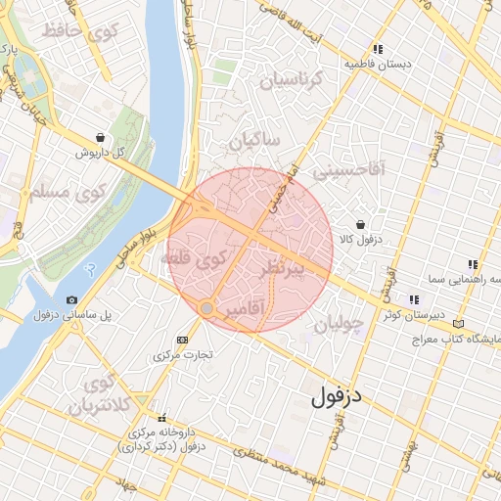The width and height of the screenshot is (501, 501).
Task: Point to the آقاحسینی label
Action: (349, 170)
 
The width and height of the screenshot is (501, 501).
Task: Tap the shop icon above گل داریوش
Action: (102, 138)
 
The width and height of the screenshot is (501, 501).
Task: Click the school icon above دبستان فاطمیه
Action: (378, 49)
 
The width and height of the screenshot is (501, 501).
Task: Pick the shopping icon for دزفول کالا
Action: (361, 224)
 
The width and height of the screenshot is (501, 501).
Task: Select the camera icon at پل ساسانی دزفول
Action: (71, 299)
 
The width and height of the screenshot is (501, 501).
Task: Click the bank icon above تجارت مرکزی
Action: (181, 339)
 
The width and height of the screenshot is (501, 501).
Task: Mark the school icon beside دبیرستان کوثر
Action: (414, 299)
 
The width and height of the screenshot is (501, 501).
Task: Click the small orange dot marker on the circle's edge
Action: (206, 308)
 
